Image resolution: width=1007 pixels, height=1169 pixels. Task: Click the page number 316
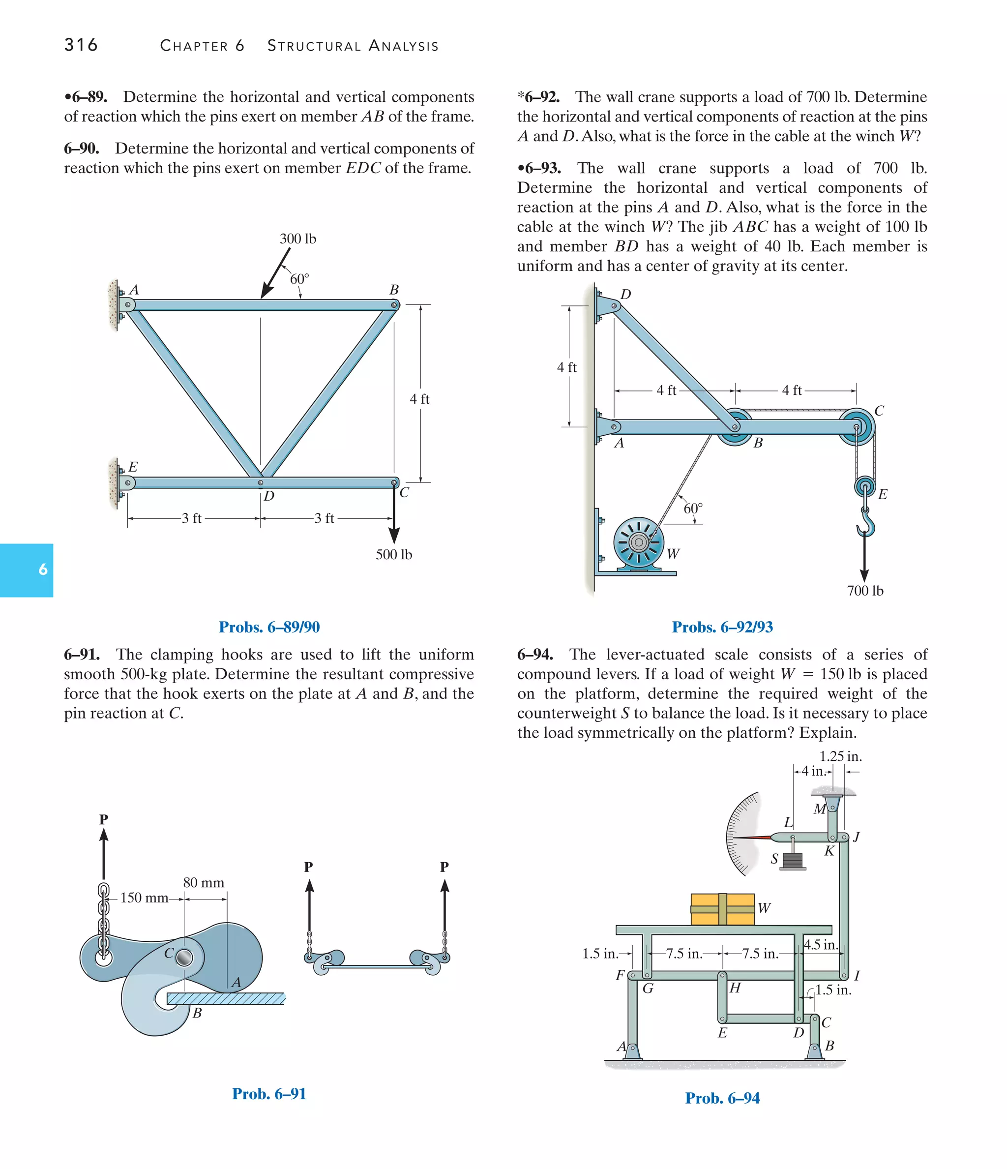pos(81,45)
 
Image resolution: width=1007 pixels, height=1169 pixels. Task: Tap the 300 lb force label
pos(298,239)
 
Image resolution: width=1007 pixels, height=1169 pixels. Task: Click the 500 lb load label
pos(394,555)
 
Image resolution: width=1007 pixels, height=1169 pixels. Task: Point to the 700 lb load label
pos(865,591)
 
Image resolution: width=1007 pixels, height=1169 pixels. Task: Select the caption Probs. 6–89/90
pos(269,627)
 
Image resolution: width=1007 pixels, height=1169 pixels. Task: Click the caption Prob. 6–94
pos(722,1098)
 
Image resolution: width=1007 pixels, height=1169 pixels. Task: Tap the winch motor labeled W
pos(638,543)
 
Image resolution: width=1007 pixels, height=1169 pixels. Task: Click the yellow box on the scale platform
pos(722,909)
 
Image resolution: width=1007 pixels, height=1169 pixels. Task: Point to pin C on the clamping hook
pos(184,958)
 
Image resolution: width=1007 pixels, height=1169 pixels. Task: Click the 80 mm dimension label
pos(204,882)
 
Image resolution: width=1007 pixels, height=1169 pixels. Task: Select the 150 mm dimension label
pos(144,898)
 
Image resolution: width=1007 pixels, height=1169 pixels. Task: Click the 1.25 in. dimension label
pos(840,756)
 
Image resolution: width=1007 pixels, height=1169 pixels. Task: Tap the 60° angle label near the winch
pos(693,509)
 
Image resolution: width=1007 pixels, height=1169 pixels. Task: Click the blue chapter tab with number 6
pos(27,570)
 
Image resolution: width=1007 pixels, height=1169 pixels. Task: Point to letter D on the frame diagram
pos(269,496)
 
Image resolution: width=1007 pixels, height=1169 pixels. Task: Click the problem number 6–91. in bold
pos(82,655)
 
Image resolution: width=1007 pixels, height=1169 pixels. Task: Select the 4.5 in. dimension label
pos(820,944)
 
